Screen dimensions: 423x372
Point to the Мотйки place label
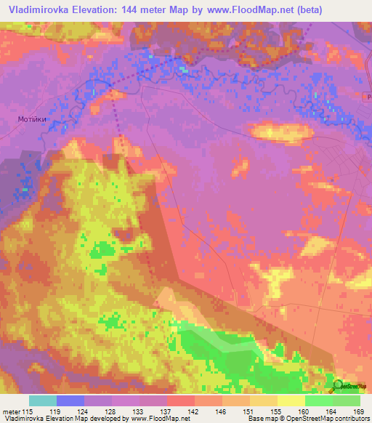[32, 118]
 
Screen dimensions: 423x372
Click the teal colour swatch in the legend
[43, 400]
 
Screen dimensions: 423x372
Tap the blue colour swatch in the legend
[70, 400]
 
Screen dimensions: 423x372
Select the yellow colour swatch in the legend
[291, 400]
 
